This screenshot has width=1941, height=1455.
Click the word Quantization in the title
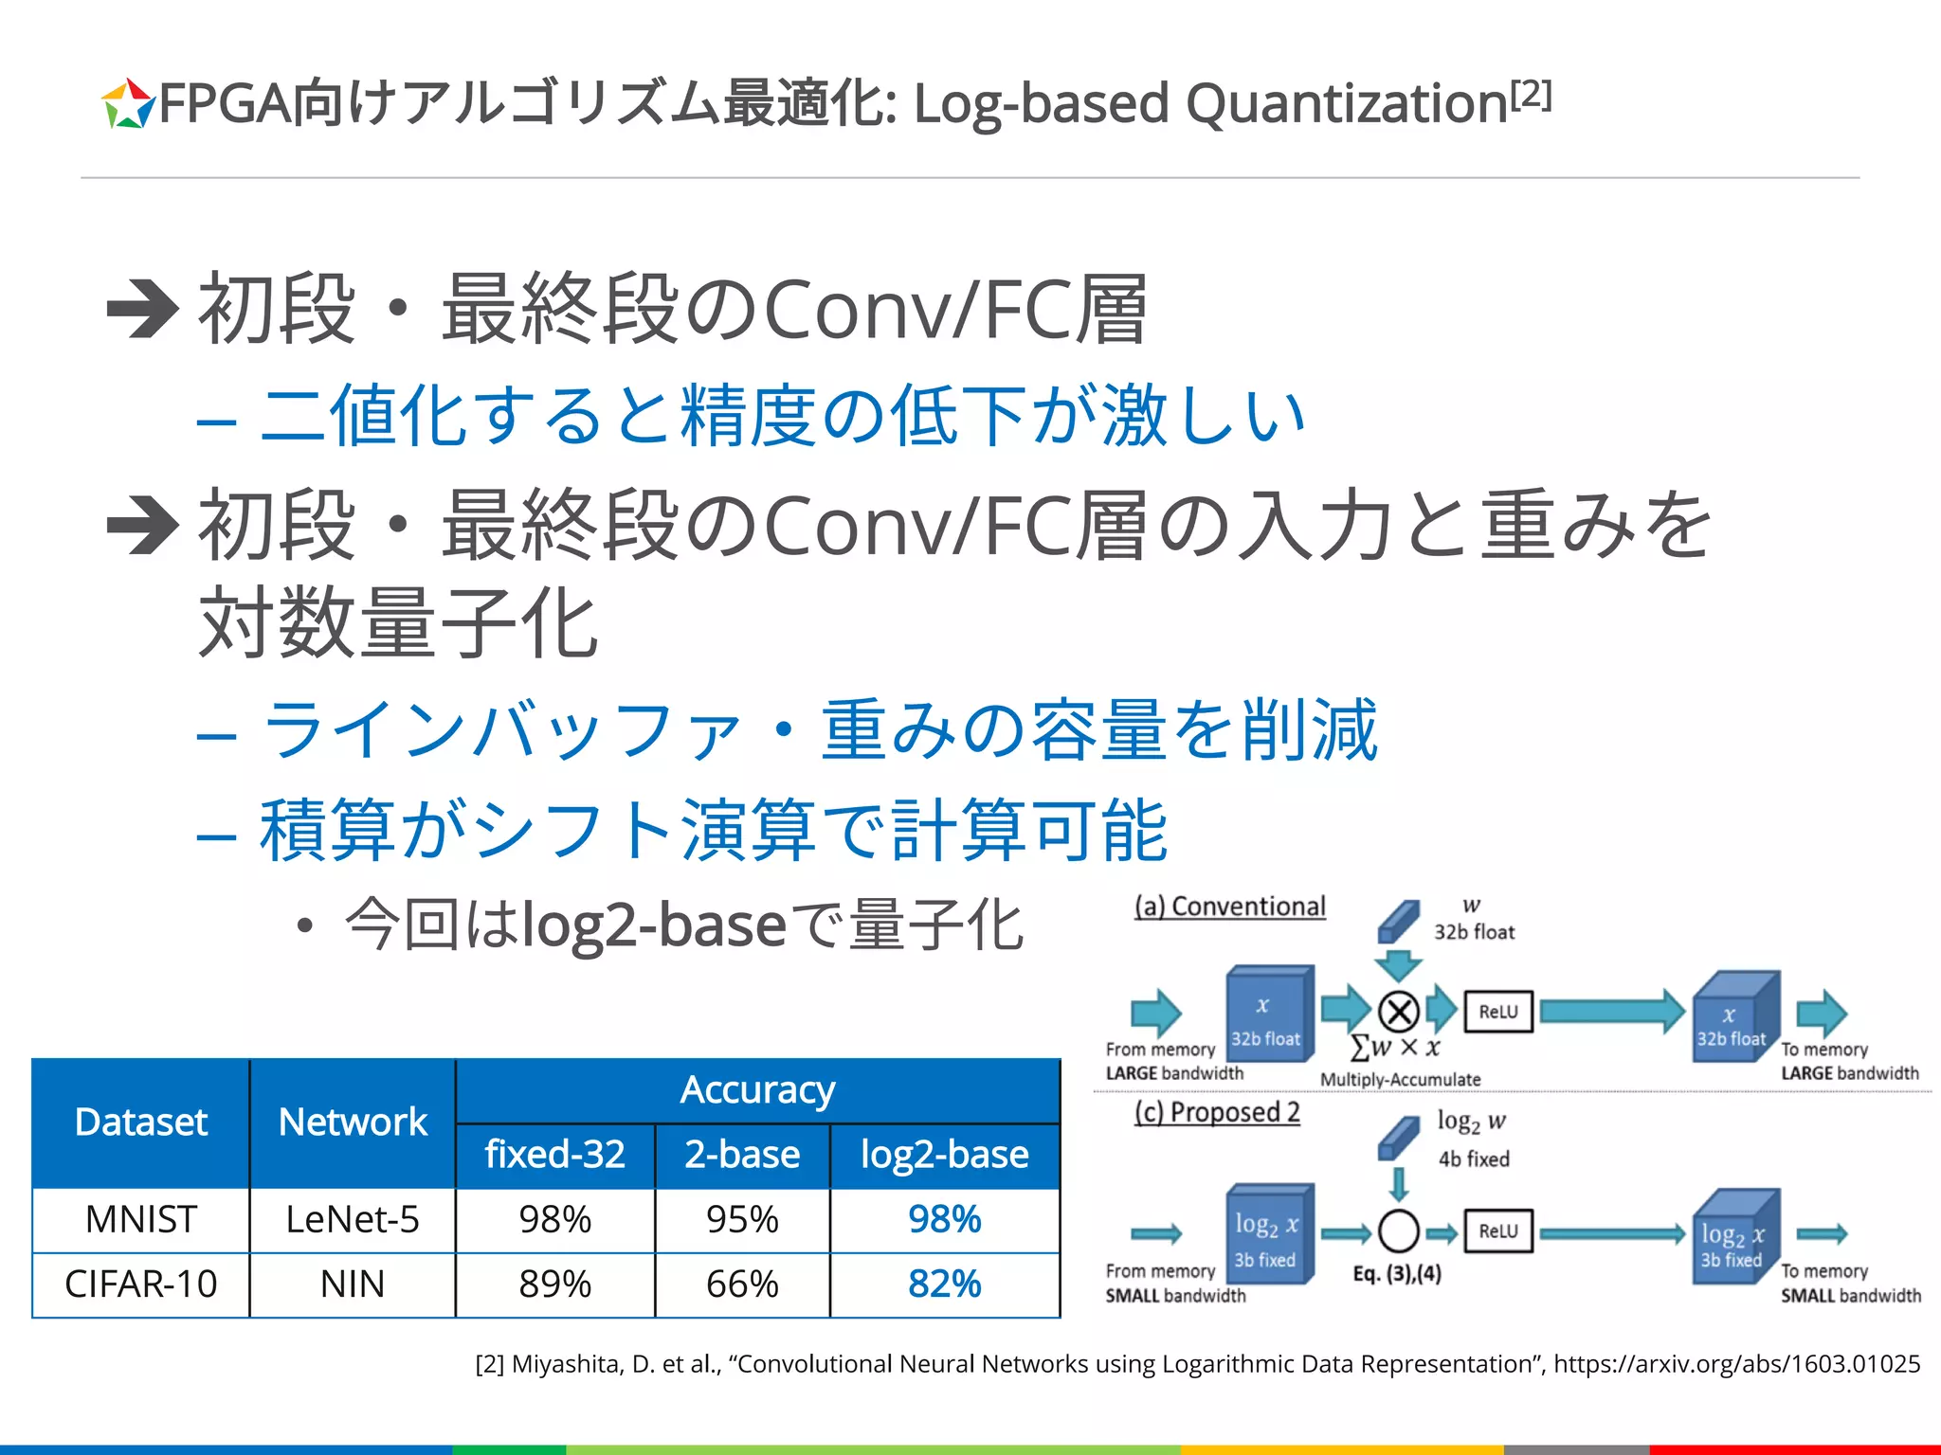pos(1346,103)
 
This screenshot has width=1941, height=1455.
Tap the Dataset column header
pos(140,1123)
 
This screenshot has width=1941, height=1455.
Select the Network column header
pos(353,1123)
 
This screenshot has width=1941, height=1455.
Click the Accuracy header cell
pos(757,1090)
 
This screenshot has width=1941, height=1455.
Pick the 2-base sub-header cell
pos(742,1155)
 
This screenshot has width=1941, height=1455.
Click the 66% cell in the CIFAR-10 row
pos(742,1284)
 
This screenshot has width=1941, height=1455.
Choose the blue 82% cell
pos(944,1284)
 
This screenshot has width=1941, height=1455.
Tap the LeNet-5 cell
pos(353,1219)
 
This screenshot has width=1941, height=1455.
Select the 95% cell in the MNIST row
pos(742,1219)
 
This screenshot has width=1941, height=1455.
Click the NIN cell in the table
pos(353,1284)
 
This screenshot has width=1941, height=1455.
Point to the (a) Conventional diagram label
pos(1230,907)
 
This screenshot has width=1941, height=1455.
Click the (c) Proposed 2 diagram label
pos(1217,1112)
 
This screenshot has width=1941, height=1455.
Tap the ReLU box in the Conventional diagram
pos(1497,1012)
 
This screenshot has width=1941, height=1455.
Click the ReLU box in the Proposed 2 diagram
pos(1497,1231)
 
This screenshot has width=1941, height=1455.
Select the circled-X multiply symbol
pos(1398,1012)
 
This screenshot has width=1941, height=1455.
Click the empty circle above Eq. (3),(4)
pos(1398,1231)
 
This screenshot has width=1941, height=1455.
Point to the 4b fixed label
pos(1474,1159)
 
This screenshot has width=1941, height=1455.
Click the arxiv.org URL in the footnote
pos(1736,1364)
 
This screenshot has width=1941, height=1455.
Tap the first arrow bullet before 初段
pos(142,309)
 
